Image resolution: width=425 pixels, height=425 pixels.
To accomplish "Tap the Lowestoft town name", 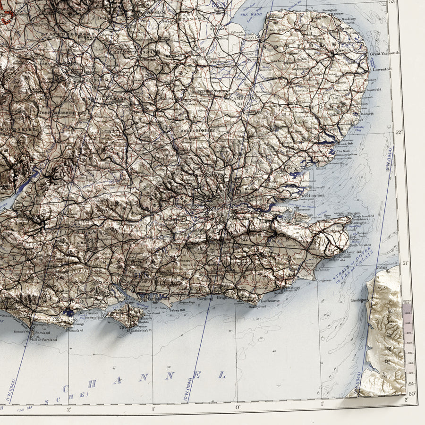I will (x=382, y=69).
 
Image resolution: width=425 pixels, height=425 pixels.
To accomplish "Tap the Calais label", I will (x=382, y=268).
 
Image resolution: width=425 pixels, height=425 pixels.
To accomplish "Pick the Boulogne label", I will (x=359, y=300).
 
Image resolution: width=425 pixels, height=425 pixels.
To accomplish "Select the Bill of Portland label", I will (x=44, y=340).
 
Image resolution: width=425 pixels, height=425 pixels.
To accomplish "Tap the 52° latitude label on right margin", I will (x=398, y=132).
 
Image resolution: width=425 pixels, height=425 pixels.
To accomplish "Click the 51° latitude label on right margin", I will (x=404, y=263).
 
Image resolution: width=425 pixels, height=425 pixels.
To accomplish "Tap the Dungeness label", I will (x=324, y=280).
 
